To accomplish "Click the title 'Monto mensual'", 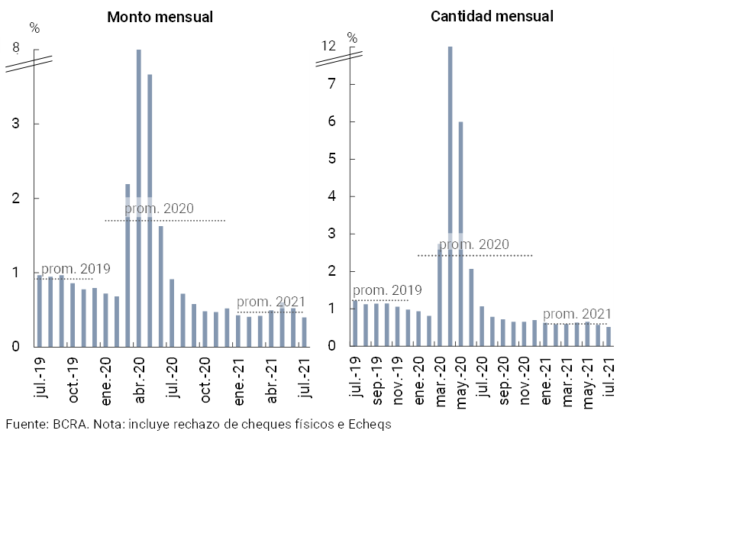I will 160,17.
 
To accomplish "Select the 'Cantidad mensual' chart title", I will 492,16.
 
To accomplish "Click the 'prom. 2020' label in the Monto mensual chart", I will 159,208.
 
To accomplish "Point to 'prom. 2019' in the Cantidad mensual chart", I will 387,290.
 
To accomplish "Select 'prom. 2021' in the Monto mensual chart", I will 270,302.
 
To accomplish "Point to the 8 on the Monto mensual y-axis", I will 15,48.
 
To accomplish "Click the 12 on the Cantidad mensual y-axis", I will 328,47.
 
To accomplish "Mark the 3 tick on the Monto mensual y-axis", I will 15,124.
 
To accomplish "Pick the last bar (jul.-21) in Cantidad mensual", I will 609,337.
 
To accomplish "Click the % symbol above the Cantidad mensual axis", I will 352,37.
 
